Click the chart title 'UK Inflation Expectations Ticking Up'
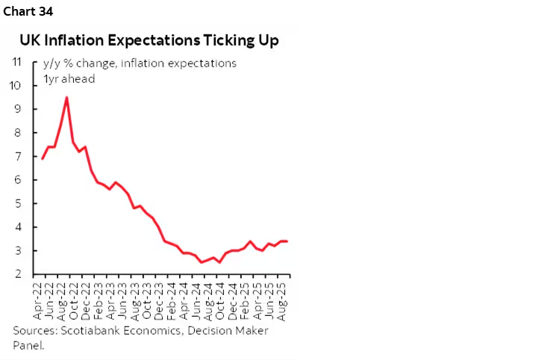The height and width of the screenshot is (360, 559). point(149,40)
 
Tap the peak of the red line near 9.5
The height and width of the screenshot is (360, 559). point(67,97)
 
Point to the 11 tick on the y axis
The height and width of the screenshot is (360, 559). point(16,62)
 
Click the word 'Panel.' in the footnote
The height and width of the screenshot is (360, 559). point(28,345)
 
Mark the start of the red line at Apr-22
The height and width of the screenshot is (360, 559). point(42,158)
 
